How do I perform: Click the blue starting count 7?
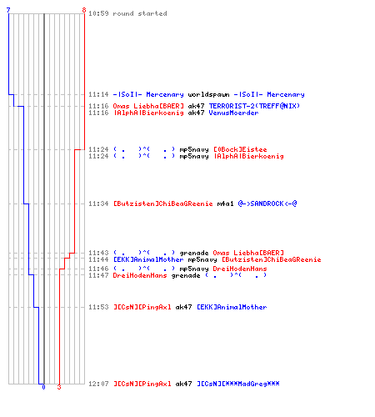[8, 10]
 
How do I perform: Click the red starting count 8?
[84, 10]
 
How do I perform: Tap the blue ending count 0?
[43, 387]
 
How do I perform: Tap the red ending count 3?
[59, 387]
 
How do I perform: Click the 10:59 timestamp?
[98, 13]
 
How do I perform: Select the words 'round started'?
[140, 13]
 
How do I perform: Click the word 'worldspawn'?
[208, 94]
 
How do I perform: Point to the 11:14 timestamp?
[98, 94]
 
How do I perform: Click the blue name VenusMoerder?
[233, 113]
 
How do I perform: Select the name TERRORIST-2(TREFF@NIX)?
[254, 106]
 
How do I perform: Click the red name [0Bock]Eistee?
[240, 149]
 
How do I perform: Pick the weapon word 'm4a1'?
[225, 203]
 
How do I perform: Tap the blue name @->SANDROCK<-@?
[267, 203]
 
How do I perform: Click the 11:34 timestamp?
[98, 203]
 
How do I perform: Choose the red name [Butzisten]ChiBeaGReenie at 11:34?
[163, 203]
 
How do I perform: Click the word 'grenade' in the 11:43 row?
[194, 253]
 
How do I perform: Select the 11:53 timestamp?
[98, 307]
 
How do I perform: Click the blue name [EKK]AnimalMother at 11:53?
[232, 307]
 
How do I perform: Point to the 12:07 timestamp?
[98, 384]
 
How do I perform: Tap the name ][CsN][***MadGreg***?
[238, 384]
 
